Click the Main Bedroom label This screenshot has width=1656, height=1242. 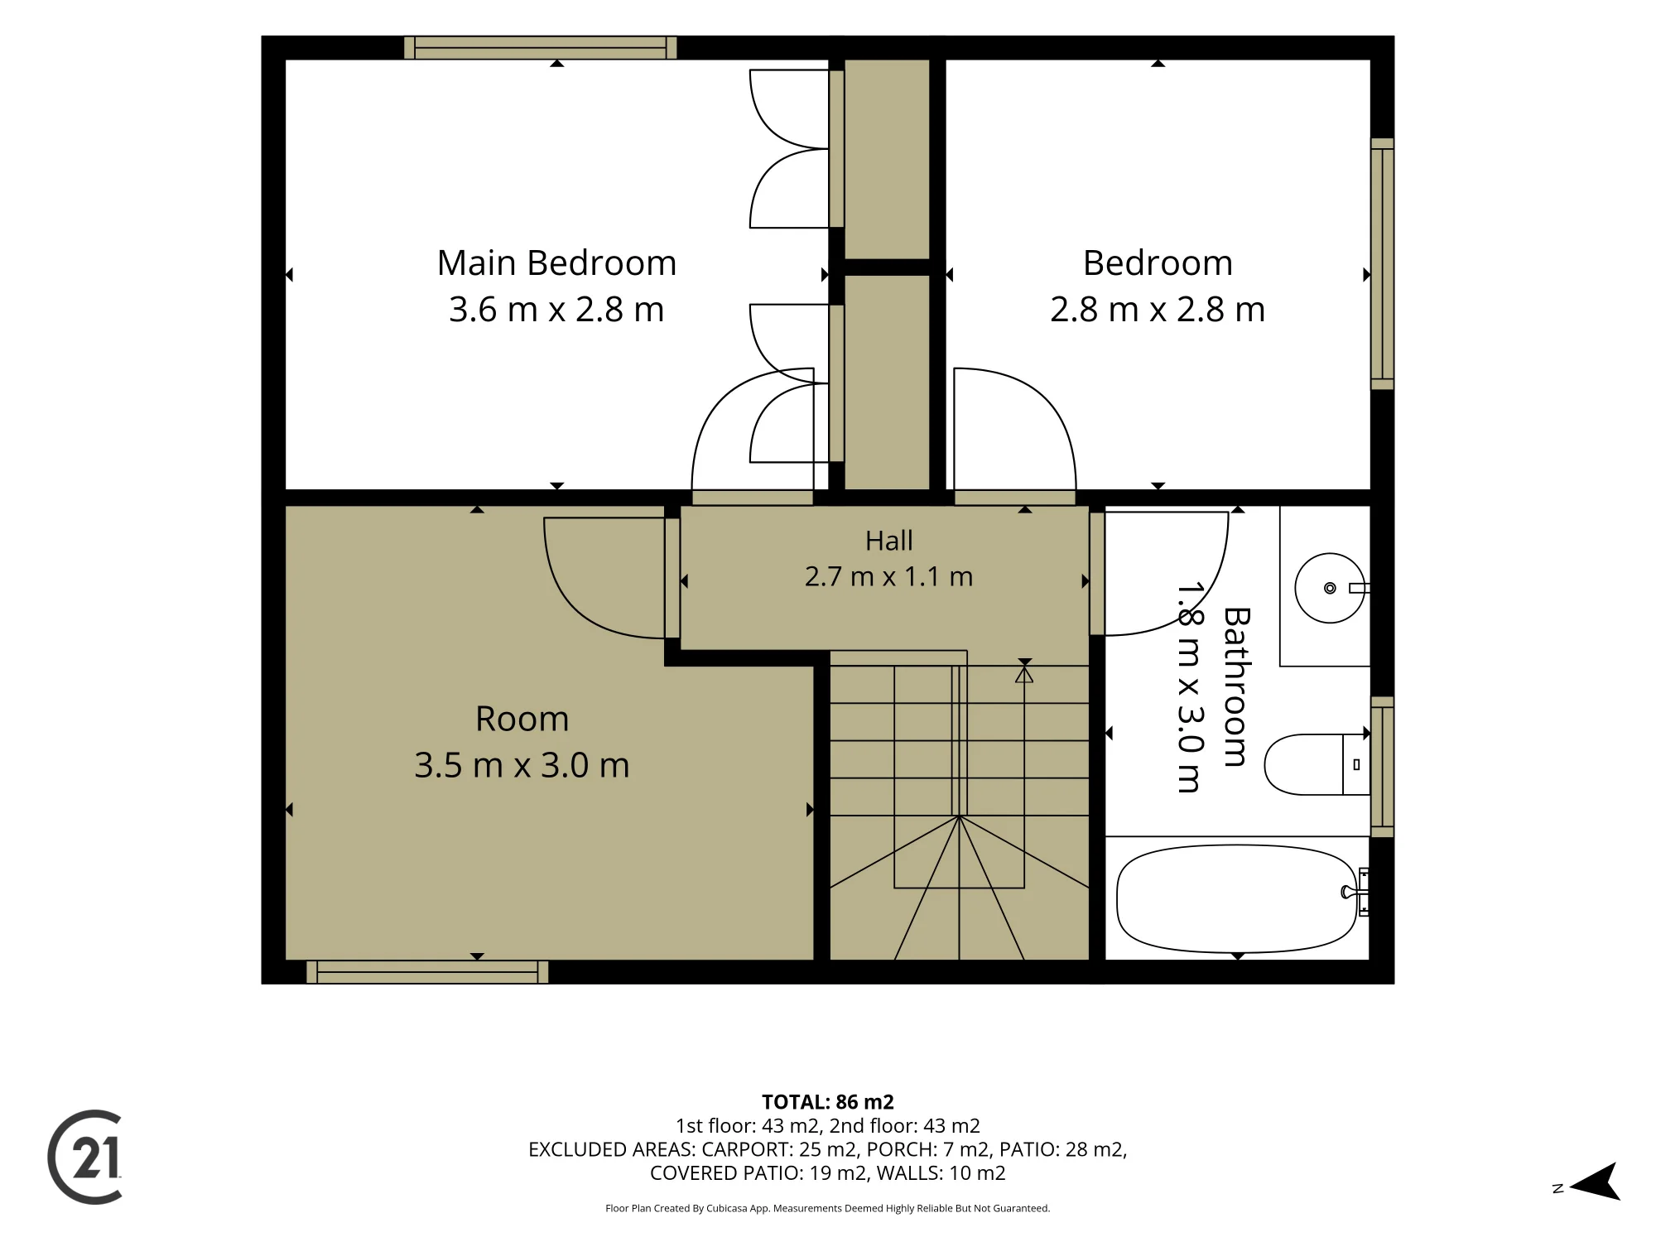556,263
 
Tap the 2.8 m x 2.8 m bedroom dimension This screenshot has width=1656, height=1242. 1158,310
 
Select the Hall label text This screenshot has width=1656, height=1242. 888,541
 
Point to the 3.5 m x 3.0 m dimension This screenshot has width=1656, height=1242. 522,765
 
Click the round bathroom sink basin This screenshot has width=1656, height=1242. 1330,588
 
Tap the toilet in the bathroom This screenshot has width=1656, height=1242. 1317,764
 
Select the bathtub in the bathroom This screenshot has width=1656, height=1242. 1237,898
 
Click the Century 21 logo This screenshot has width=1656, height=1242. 85,1157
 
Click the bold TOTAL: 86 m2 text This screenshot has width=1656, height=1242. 828,1102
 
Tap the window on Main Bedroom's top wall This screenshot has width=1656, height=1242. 540,48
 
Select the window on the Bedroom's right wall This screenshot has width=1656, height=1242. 1382,264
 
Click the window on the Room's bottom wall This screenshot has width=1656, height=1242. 427,972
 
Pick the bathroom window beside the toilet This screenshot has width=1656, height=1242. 1382,767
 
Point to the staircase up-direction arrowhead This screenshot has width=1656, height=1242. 1024,675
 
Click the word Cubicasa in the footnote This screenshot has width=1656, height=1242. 726,1209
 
